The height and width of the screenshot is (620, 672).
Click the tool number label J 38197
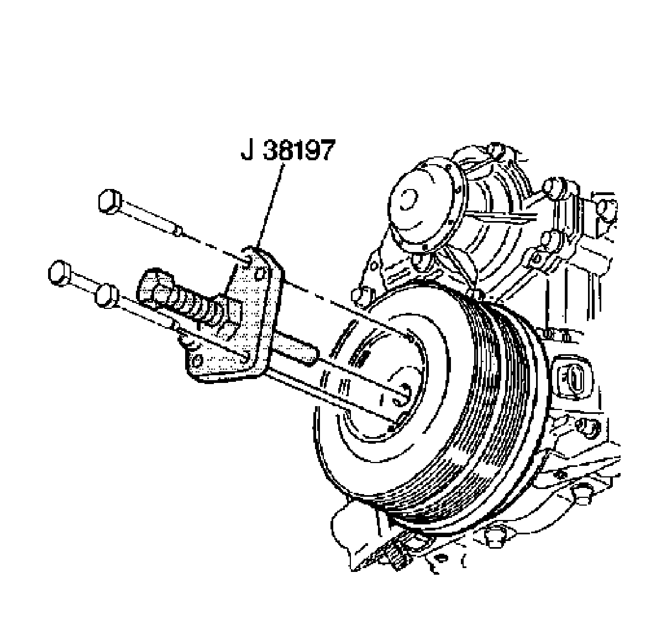pyautogui.click(x=287, y=150)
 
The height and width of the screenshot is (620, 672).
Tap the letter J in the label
pyautogui.click(x=247, y=150)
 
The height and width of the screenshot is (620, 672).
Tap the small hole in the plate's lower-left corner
pyautogui.click(x=197, y=360)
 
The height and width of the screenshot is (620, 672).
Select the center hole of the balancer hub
pyautogui.click(x=403, y=390)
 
